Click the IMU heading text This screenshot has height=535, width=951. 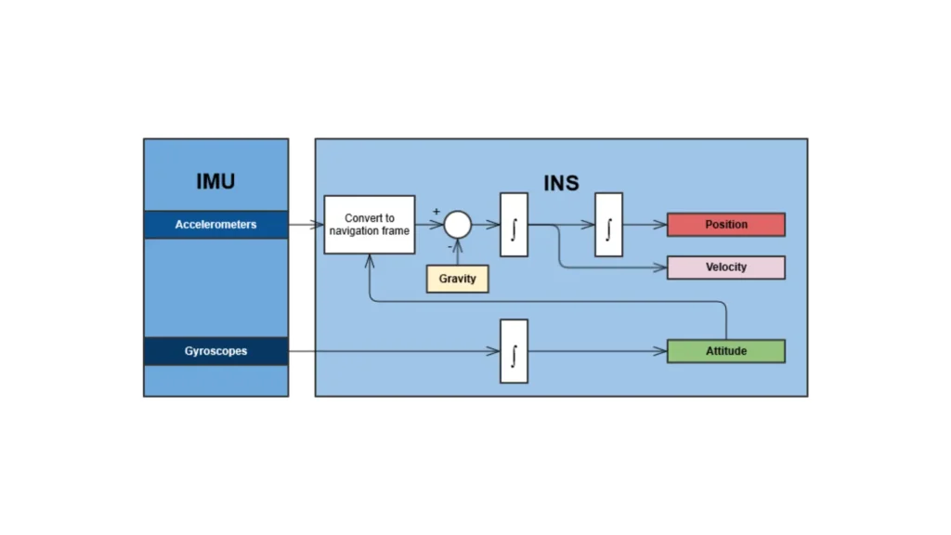(x=215, y=181)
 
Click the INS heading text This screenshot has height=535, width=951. (x=561, y=182)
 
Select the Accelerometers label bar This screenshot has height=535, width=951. (x=215, y=225)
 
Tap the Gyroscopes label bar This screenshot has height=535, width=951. (x=215, y=351)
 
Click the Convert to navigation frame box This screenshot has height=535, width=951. (x=370, y=225)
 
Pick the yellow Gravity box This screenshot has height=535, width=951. (x=457, y=279)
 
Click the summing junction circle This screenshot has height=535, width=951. (x=457, y=225)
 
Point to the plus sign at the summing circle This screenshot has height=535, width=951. (x=436, y=213)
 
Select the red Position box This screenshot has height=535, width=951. (x=726, y=225)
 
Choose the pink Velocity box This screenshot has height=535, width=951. (x=726, y=267)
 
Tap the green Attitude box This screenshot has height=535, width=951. (x=726, y=351)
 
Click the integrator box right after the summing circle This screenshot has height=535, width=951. (x=514, y=225)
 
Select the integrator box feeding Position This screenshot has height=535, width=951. (x=608, y=225)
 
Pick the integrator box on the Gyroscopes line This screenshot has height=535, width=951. (x=514, y=351)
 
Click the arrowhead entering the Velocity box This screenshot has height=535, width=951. (x=662, y=267)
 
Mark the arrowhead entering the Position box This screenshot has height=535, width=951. (x=662, y=225)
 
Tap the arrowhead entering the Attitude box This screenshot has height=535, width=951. (x=662, y=351)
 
